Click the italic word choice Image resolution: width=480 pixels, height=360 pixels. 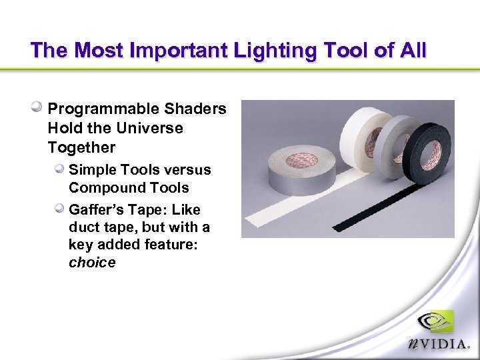click(x=92, y=263)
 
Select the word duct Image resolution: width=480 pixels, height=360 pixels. click(x=83, y=227)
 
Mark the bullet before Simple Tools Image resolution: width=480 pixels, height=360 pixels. click(x=60, y=169)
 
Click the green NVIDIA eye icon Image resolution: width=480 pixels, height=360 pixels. click(x=436, y=322)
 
